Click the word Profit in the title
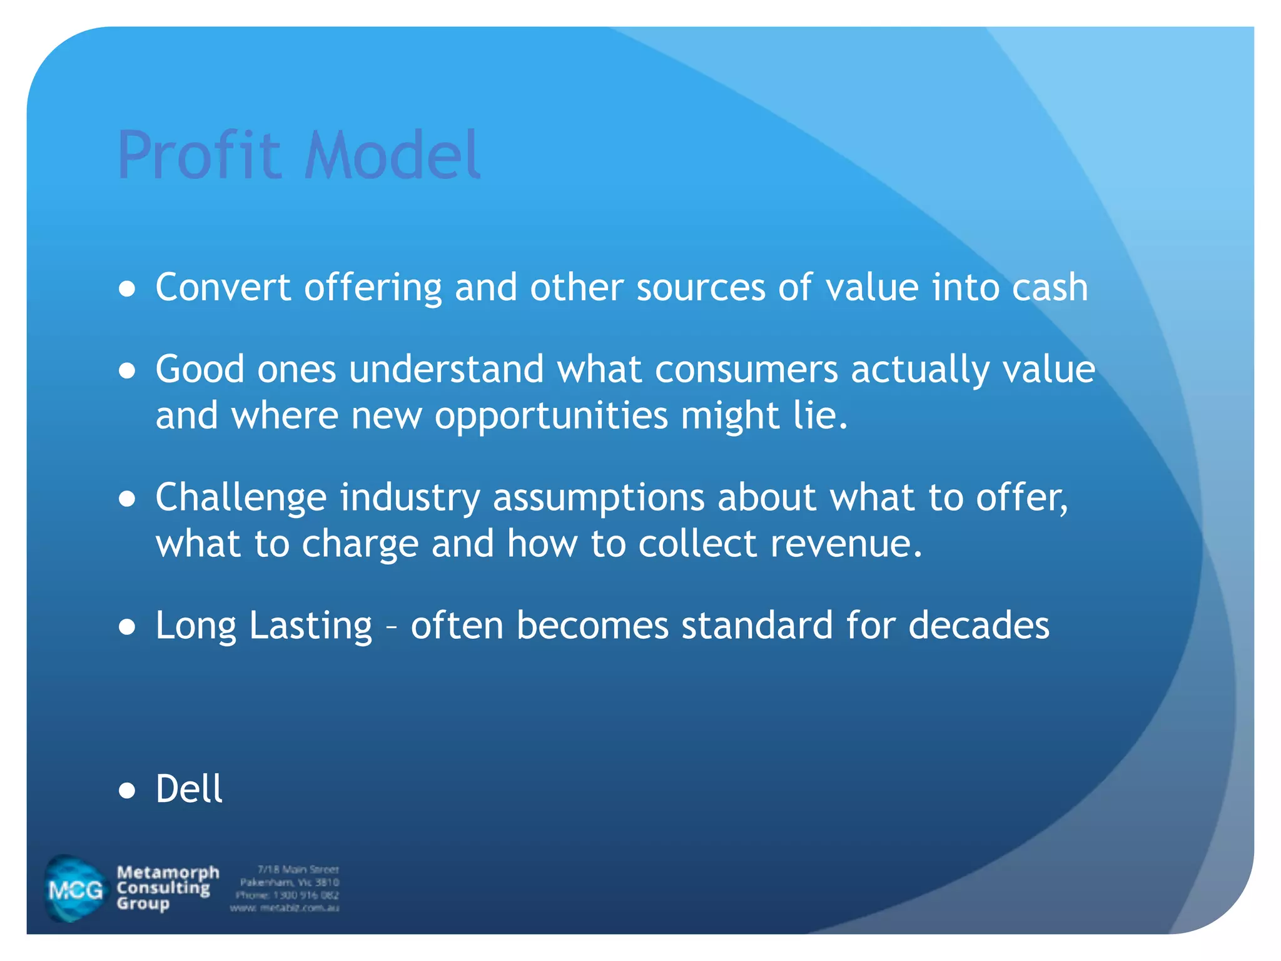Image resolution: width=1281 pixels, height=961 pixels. coord(199,155)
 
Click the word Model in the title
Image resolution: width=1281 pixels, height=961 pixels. coord(392,155)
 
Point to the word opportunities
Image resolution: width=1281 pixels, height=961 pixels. coord(551,415)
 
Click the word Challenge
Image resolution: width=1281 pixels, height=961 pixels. coord(241,499)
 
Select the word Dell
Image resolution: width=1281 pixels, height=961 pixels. coord(189,788)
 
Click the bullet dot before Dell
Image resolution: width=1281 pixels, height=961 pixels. coord(127,791)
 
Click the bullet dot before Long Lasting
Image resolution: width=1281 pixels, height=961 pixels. coord(127,628)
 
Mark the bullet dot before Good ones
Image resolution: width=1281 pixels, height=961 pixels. coord(127,371)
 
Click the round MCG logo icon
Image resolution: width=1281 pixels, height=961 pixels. coord(76,888)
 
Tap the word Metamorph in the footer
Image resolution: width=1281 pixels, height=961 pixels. coord(168,872)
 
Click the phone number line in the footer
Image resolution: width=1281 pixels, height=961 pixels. coord(288,895)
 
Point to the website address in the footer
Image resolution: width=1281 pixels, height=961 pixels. coord(285,908)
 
